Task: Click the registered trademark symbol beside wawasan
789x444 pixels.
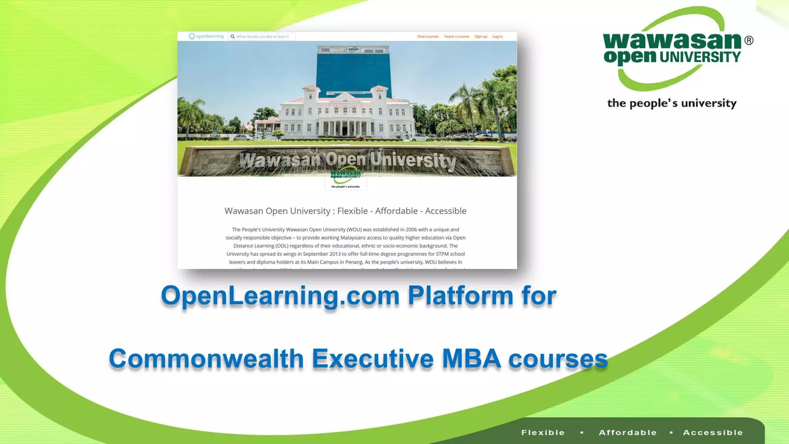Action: (x=749, y=40)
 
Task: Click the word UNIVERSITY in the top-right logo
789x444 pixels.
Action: (x=700, y=57)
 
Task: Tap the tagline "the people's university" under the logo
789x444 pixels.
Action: (x=671, y=103)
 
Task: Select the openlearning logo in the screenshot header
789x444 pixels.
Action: (x=206, y=36)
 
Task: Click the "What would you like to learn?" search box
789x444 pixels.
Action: (x=262, y=37)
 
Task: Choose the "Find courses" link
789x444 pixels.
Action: (x=428, y=37)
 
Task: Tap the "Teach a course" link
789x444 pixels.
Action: (x=457, y=37)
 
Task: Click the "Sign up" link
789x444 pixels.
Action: (x=481, y=37)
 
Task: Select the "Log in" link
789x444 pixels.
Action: (x=497, y=37)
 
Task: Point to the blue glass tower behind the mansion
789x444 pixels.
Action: (x=353, y=69)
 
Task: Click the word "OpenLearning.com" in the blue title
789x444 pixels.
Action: (x=280, y=296)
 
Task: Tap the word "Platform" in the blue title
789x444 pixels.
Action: (x=460, y=296)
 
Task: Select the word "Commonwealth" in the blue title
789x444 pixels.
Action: (x=206, y=359)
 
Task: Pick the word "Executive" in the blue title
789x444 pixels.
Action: (x=373, y=359)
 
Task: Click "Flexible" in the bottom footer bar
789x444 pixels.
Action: (x=543, y=432)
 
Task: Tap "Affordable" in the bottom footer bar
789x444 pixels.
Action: (x=628, y=432)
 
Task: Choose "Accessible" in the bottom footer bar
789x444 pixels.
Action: (x=713, y=432)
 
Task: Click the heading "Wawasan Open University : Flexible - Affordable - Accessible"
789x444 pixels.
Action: (x=345, y=211)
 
